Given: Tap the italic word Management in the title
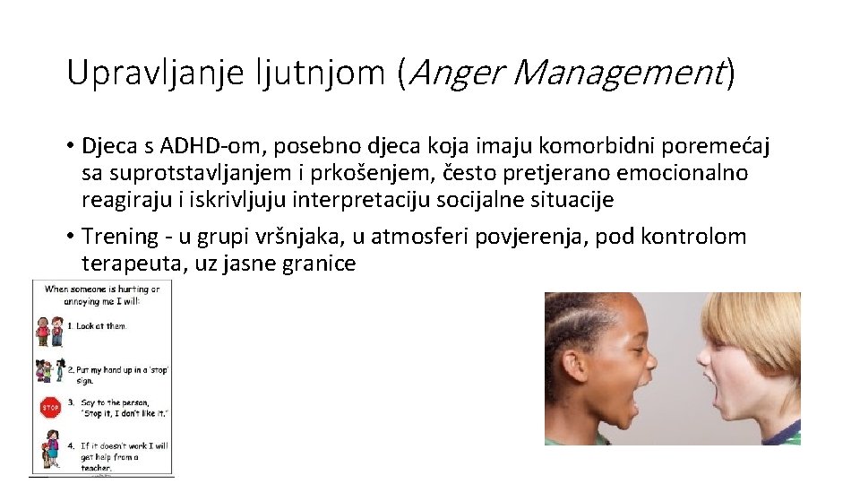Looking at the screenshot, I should (x=619, y=73).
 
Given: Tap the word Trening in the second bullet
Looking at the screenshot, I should (x=119, y=237).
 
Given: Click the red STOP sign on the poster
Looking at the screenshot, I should (x=50, y=408).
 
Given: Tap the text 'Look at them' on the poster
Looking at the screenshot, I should (x=100, y=326).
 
